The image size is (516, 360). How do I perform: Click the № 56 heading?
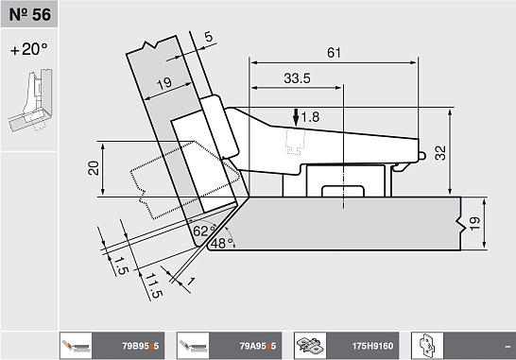(x=29, y=14)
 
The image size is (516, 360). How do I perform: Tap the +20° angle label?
(x=29, y=49)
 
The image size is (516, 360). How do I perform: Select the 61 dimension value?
(x=334, y=53)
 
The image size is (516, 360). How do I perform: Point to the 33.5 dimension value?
(x=297, y=78)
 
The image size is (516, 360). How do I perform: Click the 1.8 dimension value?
(x=310, y=117)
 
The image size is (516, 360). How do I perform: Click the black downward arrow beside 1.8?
(x=296, y=118)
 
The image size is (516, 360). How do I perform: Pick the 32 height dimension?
(x=440, y=153)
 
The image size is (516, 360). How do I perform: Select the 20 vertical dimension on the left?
(x=94, y=168)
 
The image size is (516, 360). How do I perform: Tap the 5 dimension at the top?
(x=209, y=37)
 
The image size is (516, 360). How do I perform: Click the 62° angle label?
(x=204, y=231)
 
